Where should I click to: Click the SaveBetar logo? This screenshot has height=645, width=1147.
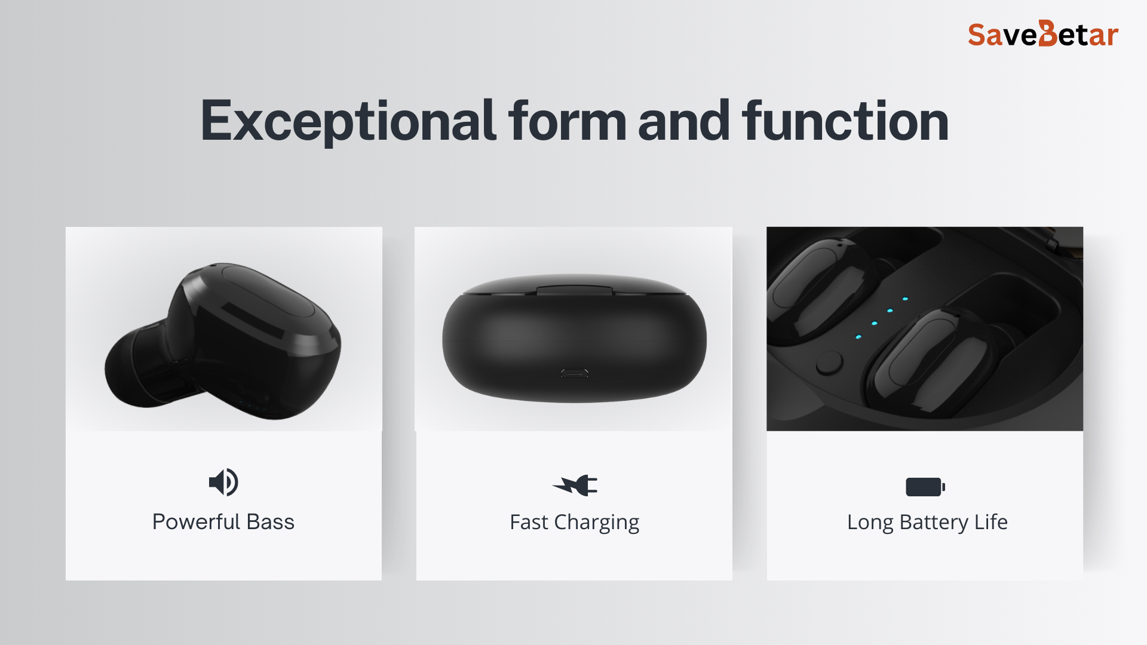click(1043, 34)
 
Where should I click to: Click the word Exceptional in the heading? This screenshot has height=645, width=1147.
click(348, 121)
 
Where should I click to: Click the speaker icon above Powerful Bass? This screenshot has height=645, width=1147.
click(223, 482)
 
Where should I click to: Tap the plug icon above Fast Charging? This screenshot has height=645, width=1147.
click(575, 485)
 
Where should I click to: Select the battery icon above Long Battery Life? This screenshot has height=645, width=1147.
click(925, 487)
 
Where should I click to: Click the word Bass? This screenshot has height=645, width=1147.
click(271, 522)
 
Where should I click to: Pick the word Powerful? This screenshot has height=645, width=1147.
click(196, 522)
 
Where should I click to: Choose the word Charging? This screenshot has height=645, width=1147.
click(597, 523)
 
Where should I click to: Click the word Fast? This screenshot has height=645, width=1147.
click(529, 522)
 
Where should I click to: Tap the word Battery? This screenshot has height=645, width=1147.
click(934, 523)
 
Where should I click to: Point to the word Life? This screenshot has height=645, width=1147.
click(991, 522)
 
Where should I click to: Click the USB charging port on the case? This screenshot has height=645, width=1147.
click(574, 373)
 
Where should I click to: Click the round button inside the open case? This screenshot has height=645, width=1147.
click(829, 363)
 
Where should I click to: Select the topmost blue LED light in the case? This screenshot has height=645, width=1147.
click(905, 299)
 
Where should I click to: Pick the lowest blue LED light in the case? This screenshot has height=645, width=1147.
click(858, 337)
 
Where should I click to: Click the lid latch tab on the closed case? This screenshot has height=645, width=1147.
click(575, 290)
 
